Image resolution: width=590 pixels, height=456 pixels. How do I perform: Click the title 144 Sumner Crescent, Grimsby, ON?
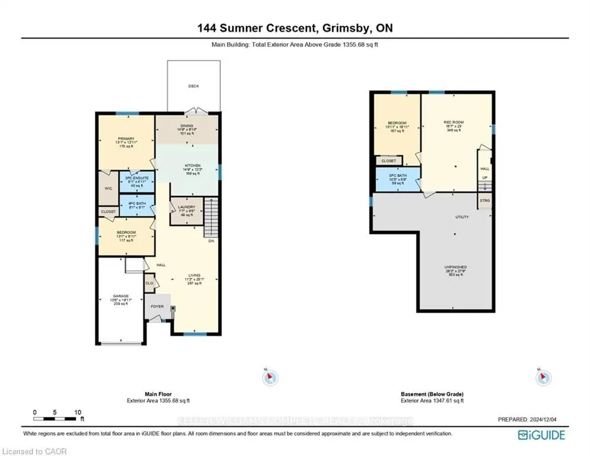pyautogui.click(x=295, y=28)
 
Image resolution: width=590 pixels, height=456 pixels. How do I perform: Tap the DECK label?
pyautogui.click(x=193, y=86)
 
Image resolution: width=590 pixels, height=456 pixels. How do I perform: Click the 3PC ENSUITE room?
pyautogui.click(x=137, y=180)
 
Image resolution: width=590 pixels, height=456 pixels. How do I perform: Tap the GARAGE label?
pyautogui.click(x=121, y=296)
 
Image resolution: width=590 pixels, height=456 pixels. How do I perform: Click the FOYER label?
pyautogui.click(x=157, y=306)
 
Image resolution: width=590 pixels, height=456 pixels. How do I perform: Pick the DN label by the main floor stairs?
pyautogui.click(x=211, y=240)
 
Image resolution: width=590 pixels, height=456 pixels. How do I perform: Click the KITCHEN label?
pyautogui.click(x=193, y=166)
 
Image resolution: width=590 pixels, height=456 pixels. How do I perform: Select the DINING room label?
pyautogui.click(x=187, y=126)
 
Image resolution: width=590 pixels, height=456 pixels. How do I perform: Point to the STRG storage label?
pyautogui.click(x=484, y=201)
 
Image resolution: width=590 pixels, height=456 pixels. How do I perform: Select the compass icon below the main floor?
pyautogui.click(x=270, y=376)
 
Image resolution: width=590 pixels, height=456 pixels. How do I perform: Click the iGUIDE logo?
pyautogui.click(x=541, y=435)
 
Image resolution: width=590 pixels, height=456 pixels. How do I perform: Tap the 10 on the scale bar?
pyautogui.click(x=78, y=412)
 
